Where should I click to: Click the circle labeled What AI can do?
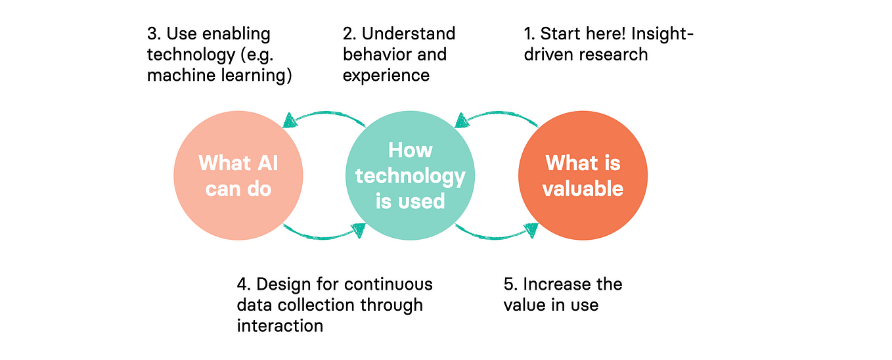238,175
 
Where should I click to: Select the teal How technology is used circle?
410,175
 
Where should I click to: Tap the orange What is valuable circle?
583,175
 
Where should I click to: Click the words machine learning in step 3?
219,75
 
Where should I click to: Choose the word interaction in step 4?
280,325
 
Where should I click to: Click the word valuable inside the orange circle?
583,189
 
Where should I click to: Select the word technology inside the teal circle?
410,175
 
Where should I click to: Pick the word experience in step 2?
386,75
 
